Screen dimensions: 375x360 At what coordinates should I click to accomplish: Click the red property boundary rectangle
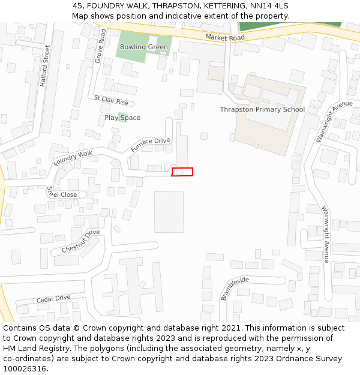182,172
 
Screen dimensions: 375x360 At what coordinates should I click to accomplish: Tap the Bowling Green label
144,47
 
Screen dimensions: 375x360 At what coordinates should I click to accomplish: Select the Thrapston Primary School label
262,109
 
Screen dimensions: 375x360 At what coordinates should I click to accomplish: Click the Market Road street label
225,37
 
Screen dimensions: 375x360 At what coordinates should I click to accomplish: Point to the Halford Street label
46,65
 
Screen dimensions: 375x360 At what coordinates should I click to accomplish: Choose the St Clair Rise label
111,100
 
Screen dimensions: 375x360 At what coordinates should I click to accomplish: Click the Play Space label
122,118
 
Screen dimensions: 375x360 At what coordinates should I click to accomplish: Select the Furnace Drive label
151,145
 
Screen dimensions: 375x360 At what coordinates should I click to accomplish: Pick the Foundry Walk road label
73,158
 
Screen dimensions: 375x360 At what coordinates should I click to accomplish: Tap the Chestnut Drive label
80,241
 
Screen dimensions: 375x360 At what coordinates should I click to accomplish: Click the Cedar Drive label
53,298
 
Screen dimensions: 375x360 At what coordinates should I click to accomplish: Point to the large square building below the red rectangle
169,212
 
